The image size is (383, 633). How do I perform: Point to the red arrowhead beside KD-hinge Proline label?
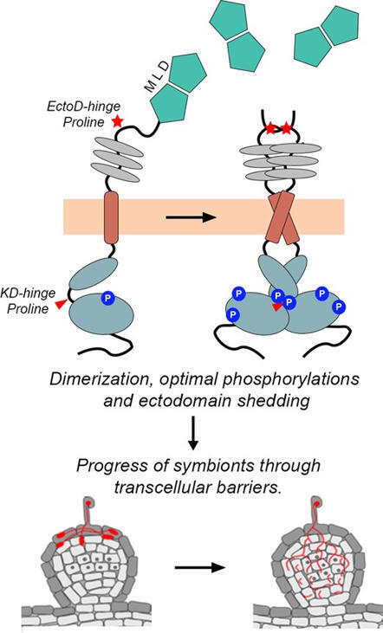[x=59, y=304]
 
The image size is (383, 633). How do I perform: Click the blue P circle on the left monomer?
[x=107, y=298]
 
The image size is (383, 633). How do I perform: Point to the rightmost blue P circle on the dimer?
[x=341, y=306]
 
